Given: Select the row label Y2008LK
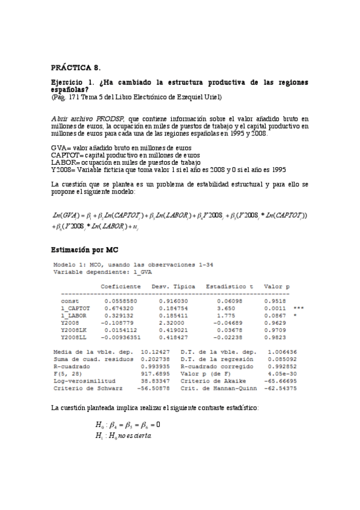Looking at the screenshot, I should [x=74, y=330].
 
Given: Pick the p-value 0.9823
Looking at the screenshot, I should [x=276, y=337].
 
